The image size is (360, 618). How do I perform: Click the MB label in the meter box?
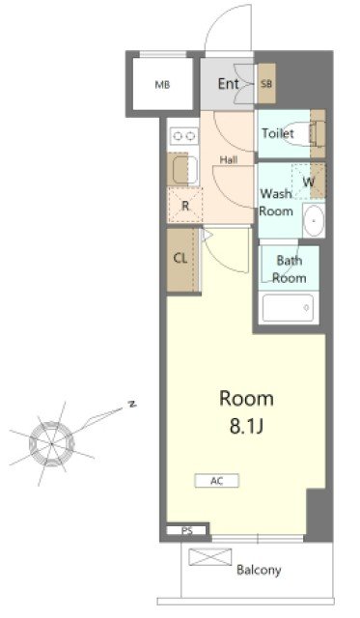pyautogui.click(x=162, y=84)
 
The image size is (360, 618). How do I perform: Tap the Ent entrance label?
pyautogui.click(x=229, y=84)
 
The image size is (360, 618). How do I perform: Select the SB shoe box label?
pyautogui.click(x=266, y=84)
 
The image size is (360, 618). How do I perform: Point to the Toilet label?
pyautogui.click(x=278, y=133)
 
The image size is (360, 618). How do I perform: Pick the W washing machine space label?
pyautogui.click(x=309, y=183)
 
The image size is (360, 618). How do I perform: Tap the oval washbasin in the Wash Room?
pyautogui.click(x=314, y=221)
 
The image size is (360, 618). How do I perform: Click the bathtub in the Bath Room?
pyautogui.click(x=289, y=308)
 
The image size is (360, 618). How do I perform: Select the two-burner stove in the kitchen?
pyautogui.click(x=184, y=136)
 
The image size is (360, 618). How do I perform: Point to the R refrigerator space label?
pyautogui.click(x=185, y=206)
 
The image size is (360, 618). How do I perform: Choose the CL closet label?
pyautogui.click(x=180, y=259)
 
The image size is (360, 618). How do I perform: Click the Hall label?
pyautogui.click(x=229, y=160)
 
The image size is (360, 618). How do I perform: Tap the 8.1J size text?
pyautogui.click(x=246, y=427)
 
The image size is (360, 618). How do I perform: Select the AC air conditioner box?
pyautogui.click(x=217, y=481)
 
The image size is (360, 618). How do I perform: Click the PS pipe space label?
pyautogui.click(x=187, y=531)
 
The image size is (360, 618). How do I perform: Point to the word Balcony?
pyautogui.click(x=259, y=570)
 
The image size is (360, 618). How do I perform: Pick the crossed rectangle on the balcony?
pyautogui.click(x=210, y=557)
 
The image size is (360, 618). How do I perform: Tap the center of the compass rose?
pyautogui.click(x=51, y=443)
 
